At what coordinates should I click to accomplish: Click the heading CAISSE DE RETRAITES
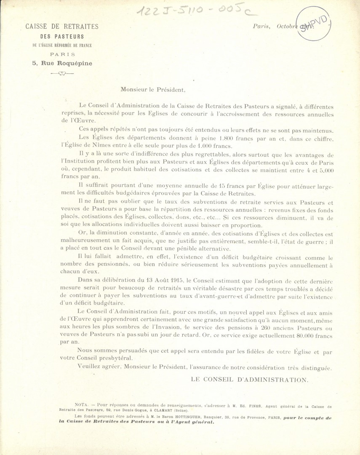(x=62, y=27)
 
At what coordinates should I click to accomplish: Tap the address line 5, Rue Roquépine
(x=62, y=63)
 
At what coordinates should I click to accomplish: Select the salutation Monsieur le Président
(x=152, y=89)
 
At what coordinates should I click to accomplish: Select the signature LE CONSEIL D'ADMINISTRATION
(x=250, y=380)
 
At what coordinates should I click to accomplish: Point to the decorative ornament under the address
(x=62, y=73)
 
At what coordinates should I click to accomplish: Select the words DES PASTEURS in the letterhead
(x=62, y=37)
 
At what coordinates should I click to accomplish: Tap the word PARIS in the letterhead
(x=62, y=54)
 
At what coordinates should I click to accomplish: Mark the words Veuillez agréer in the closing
(x=98, y=367)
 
